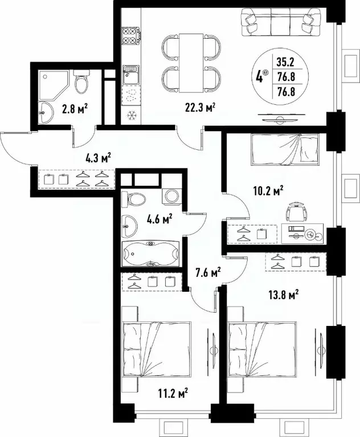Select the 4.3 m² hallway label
click(97, 158)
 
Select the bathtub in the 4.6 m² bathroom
click(150, 255)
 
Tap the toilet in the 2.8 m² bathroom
click(82, 83)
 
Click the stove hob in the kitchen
click(132, 34)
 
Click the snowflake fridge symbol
click(132, 114)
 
